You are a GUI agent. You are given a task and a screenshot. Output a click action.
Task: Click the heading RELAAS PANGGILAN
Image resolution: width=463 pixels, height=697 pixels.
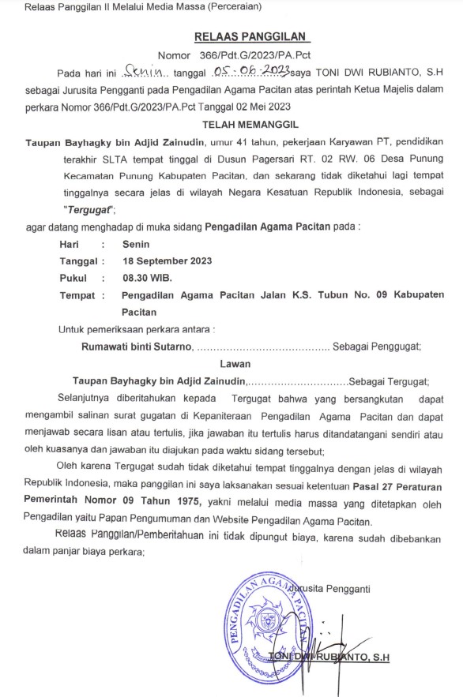point(252,36)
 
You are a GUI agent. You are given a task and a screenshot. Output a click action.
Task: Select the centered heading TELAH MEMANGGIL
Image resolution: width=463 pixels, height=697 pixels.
point(250,124)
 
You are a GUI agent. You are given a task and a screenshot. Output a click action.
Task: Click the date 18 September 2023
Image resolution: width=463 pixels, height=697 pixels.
point(167,260)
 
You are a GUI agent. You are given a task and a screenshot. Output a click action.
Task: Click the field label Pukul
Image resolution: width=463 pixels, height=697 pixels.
point(73,278)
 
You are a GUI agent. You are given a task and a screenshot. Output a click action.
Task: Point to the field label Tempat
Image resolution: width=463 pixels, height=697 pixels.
point(77,295)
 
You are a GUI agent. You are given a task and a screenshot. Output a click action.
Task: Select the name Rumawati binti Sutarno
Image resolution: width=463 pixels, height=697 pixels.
point(137,346)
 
